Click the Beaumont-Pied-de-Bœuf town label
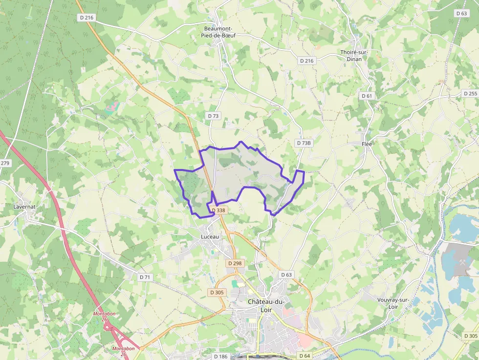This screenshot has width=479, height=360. pos(218,32)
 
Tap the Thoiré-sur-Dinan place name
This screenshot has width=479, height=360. pos(354,56)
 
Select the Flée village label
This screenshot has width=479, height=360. pos(367,144)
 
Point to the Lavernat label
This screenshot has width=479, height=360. pos(24,207)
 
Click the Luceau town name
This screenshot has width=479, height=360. pos(210,236)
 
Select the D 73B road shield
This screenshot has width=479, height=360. pos(304,143)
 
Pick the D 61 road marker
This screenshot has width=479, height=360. pos(367,96)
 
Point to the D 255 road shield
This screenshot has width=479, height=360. pos(470,93)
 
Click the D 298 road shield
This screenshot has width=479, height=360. pos(235,263)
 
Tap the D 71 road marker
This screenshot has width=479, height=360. pos(145,277)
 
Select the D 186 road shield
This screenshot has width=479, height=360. pos(221,357)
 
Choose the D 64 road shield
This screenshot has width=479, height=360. pos(304,356)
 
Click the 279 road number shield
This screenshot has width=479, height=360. pos(5,163)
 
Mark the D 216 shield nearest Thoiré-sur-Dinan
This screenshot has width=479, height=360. pos(307,61)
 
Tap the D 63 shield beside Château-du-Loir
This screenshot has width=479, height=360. pos(286,275)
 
